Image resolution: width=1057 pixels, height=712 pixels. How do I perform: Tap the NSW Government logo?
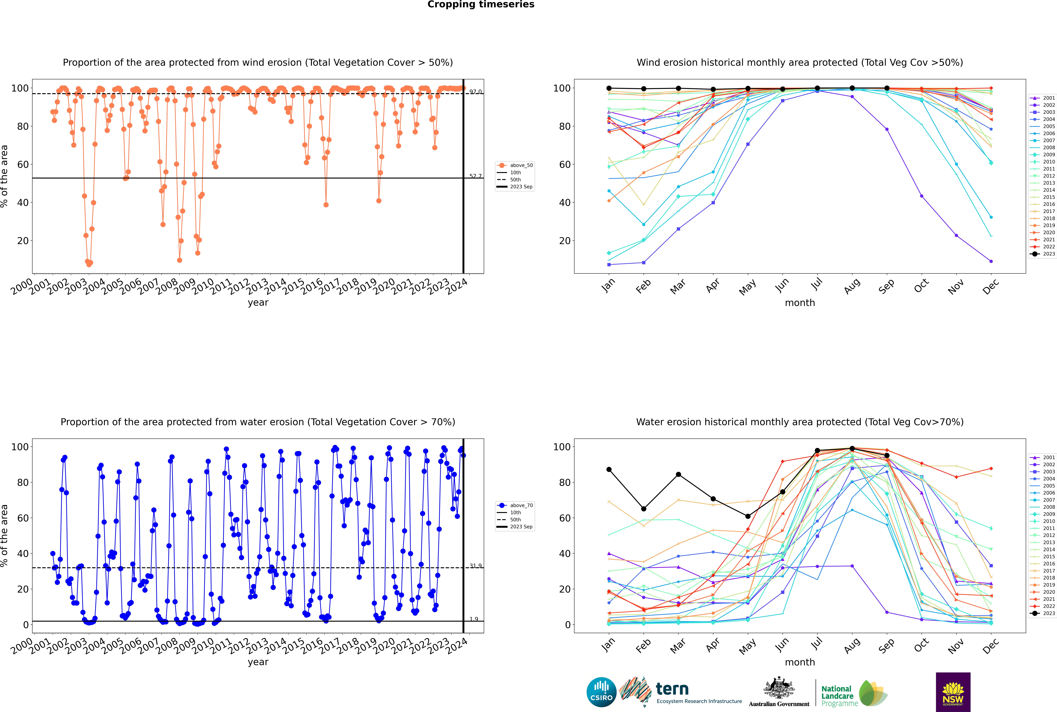point(953,692)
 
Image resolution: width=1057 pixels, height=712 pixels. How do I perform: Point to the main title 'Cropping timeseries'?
point(481,5)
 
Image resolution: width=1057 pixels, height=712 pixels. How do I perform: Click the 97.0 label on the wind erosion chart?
point(475,92)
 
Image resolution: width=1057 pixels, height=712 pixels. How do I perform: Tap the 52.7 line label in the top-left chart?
point(475,176)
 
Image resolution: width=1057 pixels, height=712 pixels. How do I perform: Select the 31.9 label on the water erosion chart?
point(475,566)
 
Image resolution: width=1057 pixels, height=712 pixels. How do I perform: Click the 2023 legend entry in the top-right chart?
point(1042,254)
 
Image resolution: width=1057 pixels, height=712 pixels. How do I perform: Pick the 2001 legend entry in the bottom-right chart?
point(1042,457)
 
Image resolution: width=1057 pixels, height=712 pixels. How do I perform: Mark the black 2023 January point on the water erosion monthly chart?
point(609,469)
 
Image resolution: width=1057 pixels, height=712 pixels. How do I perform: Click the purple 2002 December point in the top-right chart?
point(991,262)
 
